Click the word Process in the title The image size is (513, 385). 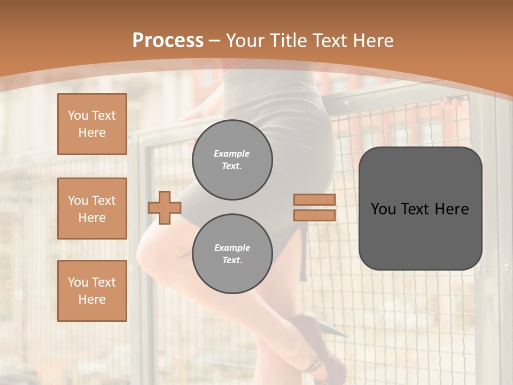click(168, 41)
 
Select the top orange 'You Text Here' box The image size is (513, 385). click(92, 124)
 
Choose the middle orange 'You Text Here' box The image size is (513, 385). click(92, 209)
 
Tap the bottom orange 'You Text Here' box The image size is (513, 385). click(92, 291)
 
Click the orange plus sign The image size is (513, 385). click(165, 207)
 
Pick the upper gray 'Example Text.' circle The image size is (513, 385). click(232, 160)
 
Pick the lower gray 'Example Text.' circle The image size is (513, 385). click(232, 254)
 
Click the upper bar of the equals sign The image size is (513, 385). click(314, 200)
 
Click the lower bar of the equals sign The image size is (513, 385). click(314, 215)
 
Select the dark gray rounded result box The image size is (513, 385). click(420, 235)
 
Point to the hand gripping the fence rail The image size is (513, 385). click(452, 102)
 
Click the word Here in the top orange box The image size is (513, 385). click(92, 133)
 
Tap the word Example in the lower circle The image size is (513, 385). click(232, 248)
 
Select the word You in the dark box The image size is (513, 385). click(383, 209)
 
